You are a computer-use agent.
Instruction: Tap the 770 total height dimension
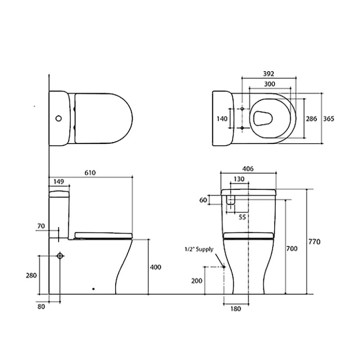pos(315,242)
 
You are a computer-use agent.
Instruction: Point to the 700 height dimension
pos(292,248)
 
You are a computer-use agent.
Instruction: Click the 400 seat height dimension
pos(155,267)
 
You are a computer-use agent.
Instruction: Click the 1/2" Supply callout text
pos(198,249)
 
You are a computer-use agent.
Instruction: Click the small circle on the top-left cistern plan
pos(58,119)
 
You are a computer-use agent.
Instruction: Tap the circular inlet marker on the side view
pos(60,256)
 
